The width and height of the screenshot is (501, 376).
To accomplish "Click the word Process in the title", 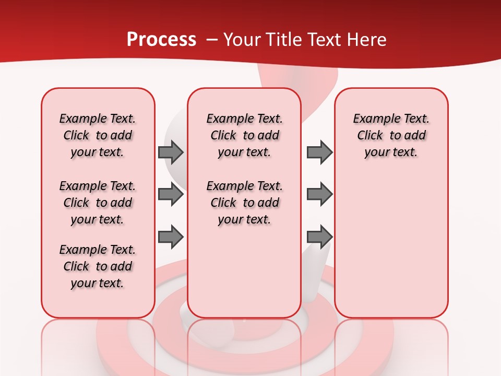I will [x=161, y=40].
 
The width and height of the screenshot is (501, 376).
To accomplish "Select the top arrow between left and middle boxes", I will [x=170, y=152].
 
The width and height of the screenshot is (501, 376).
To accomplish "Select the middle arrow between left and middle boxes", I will [x=170, y=195].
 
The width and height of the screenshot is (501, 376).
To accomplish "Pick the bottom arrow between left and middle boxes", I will [x=170, y=237].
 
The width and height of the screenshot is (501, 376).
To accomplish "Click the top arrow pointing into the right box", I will [x=319, y=152].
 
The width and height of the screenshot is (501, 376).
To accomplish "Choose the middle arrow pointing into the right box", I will [x=319, y=195].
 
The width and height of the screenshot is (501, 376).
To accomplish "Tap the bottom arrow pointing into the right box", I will [x=319, y=237].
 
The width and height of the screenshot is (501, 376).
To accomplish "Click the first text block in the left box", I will [x=98, y=135].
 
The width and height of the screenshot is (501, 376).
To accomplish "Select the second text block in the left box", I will [x=98, y=203].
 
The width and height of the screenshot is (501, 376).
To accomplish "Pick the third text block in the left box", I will [x=98, y=266].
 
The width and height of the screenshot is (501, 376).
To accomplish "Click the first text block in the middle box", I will [x=245, y=135].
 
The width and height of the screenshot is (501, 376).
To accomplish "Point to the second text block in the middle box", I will [x=245, y=203].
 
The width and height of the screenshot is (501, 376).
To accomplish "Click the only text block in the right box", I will [x=391, y=135].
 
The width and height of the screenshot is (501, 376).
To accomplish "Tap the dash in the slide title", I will [x=212, y=40].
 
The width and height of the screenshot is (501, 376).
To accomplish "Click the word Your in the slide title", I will [x=242, y=40].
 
